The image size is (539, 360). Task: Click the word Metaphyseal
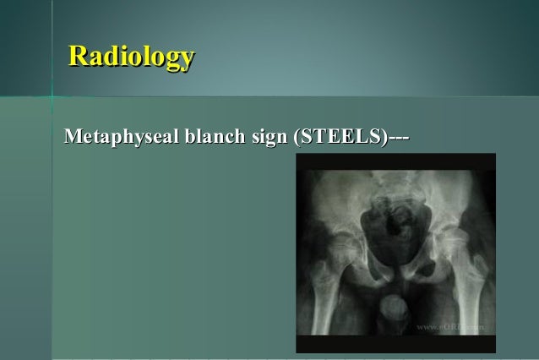117,138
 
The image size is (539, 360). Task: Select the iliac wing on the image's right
456,194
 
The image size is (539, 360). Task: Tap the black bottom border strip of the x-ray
395,345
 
